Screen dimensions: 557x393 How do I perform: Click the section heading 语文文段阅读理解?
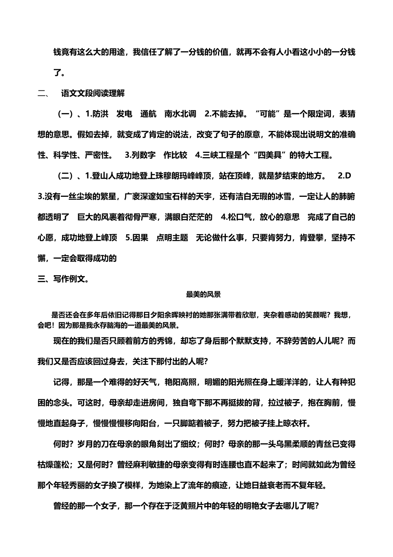(x=93, y=93)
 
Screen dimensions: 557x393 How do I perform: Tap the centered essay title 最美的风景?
(x=203, y=294)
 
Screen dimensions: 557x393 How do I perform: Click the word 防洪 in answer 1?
(x=101, y=114)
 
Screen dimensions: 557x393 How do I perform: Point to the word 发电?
(x=124, y=114)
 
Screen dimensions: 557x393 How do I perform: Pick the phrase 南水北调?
(x=180, y=114)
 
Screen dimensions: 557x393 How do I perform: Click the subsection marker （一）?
(x=65, y=114)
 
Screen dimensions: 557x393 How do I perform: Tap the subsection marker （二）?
(x=65, y=176)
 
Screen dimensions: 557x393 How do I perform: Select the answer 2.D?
(x=344, y=176)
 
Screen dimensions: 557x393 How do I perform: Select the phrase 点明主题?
(x=172, y=238)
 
